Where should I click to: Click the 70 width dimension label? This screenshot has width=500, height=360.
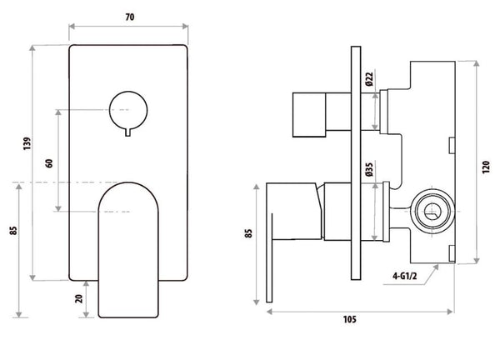[129, 17]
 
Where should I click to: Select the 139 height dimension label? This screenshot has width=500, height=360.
[27, 143]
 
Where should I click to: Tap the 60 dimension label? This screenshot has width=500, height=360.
[49, 163]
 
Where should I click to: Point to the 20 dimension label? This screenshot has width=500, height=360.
[79, 298]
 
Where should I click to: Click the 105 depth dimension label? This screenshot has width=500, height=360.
[349, 319]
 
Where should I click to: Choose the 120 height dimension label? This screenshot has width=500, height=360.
[486, 167]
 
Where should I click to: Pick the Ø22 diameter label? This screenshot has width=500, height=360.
[369, 79]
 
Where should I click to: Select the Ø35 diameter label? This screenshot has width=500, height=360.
[369, 169]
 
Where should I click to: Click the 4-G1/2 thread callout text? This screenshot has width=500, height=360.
[404, 276]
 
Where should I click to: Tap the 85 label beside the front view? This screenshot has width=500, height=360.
[13, 230]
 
